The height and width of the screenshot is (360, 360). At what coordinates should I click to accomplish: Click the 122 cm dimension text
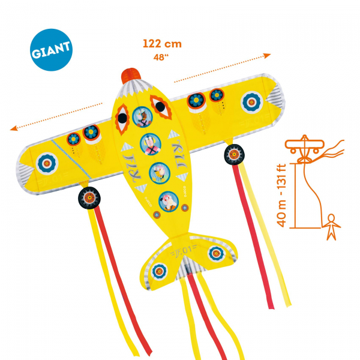tap(162, 43)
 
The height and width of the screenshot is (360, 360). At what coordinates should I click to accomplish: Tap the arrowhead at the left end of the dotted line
tap(13, 128)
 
